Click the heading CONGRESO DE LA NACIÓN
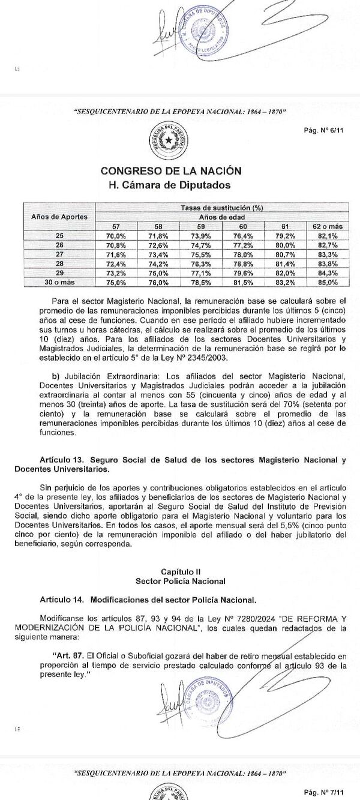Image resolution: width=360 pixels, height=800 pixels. point(179,170)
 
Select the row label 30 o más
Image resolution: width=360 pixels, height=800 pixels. point(59,281)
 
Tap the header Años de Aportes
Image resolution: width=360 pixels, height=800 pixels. point(59,215)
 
